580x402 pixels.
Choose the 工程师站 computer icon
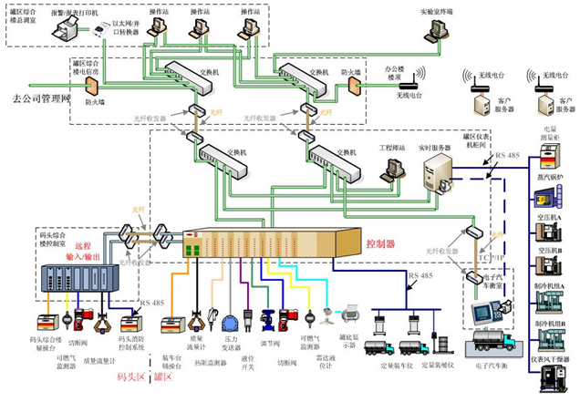tap(394, 168)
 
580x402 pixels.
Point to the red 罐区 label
tap(161, 375)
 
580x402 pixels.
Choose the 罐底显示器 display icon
tap(350, 316)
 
